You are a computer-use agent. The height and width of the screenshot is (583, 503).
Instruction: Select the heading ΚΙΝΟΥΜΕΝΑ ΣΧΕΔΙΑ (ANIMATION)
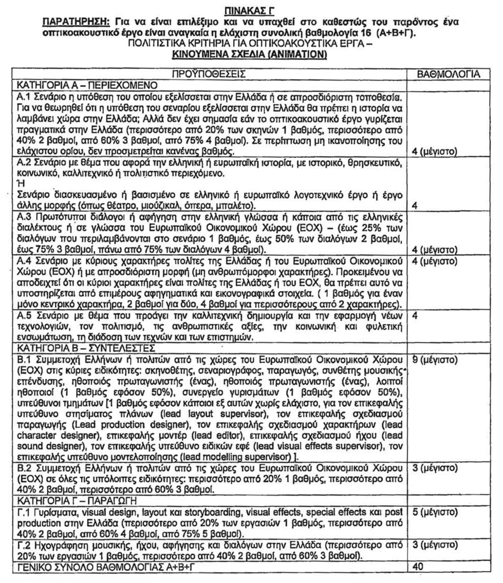click(251, 53)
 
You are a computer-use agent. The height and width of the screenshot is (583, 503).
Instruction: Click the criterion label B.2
click(24, 470)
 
